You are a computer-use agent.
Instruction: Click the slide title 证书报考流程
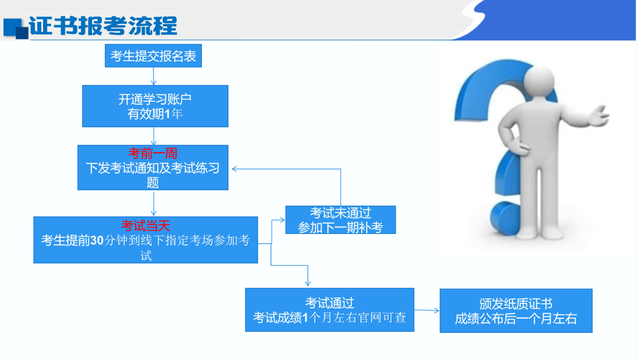(x=103, y=26)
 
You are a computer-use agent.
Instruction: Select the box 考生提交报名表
(x=153, y=56)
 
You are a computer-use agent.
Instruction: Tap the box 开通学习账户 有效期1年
(x=155, y=106)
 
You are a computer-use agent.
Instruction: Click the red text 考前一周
(x=152, y=153)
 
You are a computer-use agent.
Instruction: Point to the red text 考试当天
(x=146, y=226)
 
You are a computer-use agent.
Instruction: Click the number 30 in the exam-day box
(x=97, y=241)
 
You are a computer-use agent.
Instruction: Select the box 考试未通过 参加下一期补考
(x=340, y=220)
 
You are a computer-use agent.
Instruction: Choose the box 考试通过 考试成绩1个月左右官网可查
(x=329, y=310)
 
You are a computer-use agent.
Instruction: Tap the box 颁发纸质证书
(x=516, y=311)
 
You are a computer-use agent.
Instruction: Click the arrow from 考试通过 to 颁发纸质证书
(x=427, y=310)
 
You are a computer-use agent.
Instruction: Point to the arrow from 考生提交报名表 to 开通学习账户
(x=153, y=76)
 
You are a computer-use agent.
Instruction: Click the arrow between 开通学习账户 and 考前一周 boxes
(x=154, y=136)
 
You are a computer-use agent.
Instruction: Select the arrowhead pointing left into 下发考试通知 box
(x=234, y=169)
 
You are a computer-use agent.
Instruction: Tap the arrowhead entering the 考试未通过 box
(x=282, y=220)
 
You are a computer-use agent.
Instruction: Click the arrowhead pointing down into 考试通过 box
(x=308, y=283)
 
